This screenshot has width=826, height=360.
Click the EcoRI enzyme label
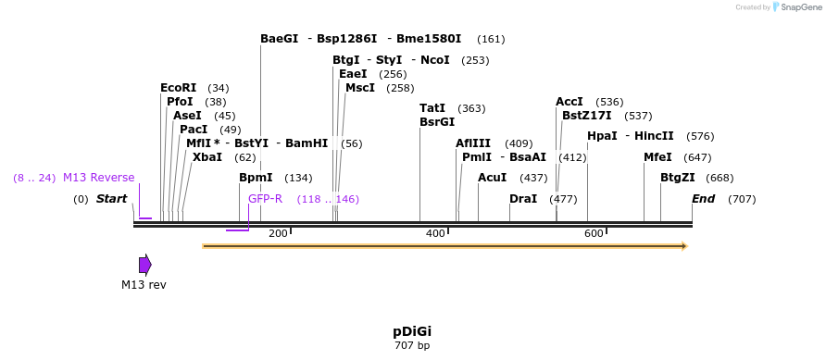click(x=178, y=88)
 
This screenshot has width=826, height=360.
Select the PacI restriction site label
click(x=194, y=130)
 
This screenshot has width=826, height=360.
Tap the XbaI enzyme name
click(x=207, y=157)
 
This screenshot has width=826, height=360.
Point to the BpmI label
click(x=256, y=178)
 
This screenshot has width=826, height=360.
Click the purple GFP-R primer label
click(x=265, y=199)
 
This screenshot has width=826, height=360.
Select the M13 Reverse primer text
click(x=98, y=178)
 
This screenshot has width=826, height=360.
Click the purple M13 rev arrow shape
click(x=144, y=265)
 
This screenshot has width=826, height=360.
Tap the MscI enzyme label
click(x=360, y=88)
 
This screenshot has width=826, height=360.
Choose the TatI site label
click(x=432, y=108)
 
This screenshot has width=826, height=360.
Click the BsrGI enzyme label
click(x=437, y=122)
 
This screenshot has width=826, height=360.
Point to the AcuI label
click(x=493, y=178)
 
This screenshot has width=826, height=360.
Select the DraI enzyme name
click(x=523, y=199)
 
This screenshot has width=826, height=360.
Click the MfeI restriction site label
click(x=657, y=157)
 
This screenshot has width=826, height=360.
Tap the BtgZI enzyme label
click(x=678, y=178)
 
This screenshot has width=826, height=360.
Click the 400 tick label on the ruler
click(x=435, y=234)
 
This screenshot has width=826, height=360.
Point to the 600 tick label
click(x=594, y=234)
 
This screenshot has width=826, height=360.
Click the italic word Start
click(x=111, y=199)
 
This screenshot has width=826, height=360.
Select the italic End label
click(x=704, y=199)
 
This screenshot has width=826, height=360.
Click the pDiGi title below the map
click(x=412, y=331)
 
